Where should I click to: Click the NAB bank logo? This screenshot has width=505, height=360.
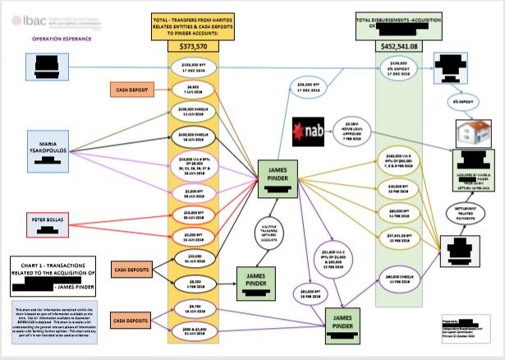pyautogui.click(x=310, y=132)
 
